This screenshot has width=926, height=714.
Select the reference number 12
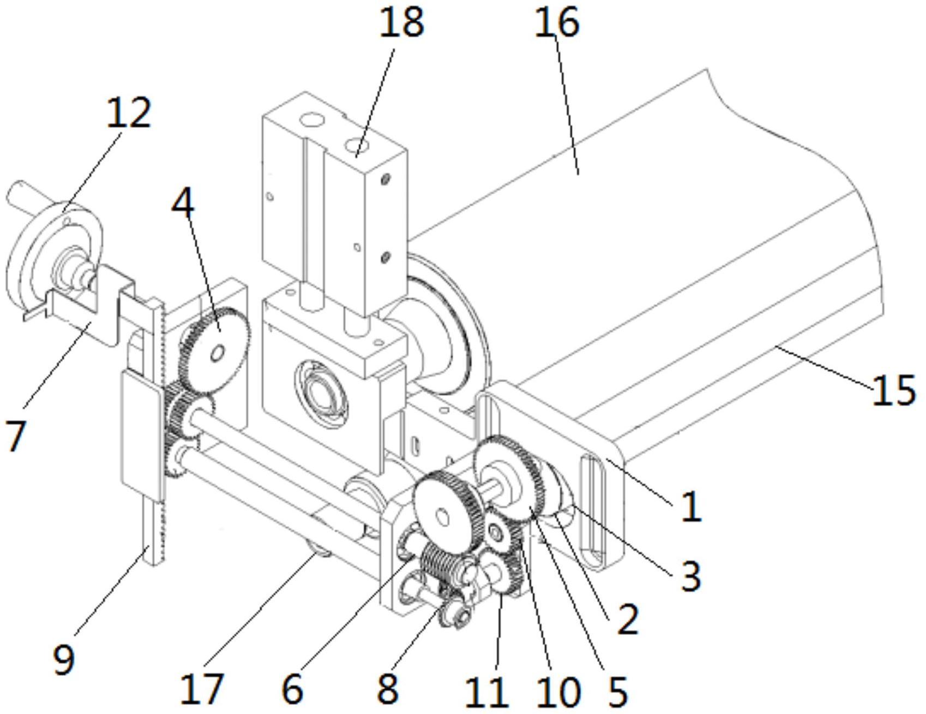tap(128, 113)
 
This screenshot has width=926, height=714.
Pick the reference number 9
tap(64, 658)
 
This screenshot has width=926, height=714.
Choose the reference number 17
tap(201, 689)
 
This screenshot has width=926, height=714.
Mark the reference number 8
tap(387, 689)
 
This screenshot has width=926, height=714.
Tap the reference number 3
tap(690, 575)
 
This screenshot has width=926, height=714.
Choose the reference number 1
tap(692, 507)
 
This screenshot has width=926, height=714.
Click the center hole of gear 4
tap(217, 354)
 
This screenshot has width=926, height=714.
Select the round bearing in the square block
tap(322, 390)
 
